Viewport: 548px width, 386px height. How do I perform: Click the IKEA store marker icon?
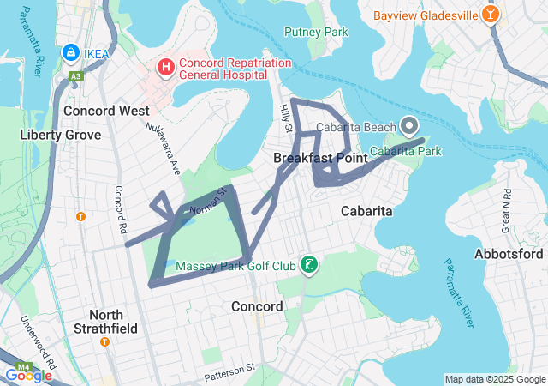[70, 53]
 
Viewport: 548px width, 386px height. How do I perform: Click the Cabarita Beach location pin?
[409, 126]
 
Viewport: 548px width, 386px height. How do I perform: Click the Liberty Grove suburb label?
[60, 135]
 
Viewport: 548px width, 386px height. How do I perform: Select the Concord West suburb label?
[106, 111]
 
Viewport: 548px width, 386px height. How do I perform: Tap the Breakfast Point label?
[320, 159]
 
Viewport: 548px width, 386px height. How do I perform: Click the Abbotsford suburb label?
[509, 254]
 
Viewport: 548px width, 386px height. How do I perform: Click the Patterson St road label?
[230, 373]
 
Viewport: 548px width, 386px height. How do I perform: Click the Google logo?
[27, 375]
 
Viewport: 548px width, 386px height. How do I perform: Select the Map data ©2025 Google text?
[494, 379]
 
